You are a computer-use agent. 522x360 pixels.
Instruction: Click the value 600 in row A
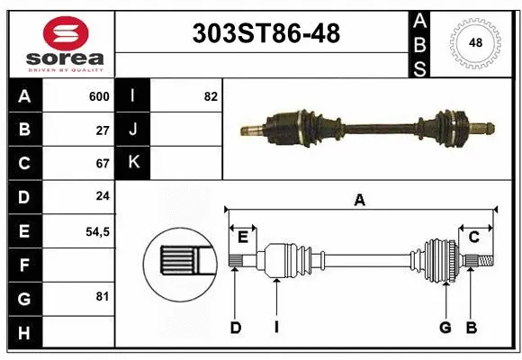click(99, 96)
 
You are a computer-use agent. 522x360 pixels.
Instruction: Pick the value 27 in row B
click(103, 130)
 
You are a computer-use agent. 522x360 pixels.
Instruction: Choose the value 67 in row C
click(103, 164)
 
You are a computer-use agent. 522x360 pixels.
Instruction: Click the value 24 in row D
click(103, 197)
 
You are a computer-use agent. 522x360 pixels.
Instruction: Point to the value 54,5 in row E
click(97, 231)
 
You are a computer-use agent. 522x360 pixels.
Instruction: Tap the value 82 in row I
click(211, 96)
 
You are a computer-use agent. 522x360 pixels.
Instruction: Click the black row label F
click(23, 265)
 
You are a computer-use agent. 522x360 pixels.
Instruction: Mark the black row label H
click(23, 332)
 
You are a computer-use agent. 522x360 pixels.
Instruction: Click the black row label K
click(133, 164)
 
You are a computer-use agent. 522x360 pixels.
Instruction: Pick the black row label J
click(133, 130)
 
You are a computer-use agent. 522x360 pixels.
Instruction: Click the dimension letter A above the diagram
click(360, 201)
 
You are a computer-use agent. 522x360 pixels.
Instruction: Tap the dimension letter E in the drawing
click(242, 237)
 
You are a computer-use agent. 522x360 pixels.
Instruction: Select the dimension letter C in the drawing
click(473, 237)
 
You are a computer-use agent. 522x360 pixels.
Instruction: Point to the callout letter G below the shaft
click(445, 328)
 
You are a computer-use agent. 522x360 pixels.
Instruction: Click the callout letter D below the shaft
click(235, 328)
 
